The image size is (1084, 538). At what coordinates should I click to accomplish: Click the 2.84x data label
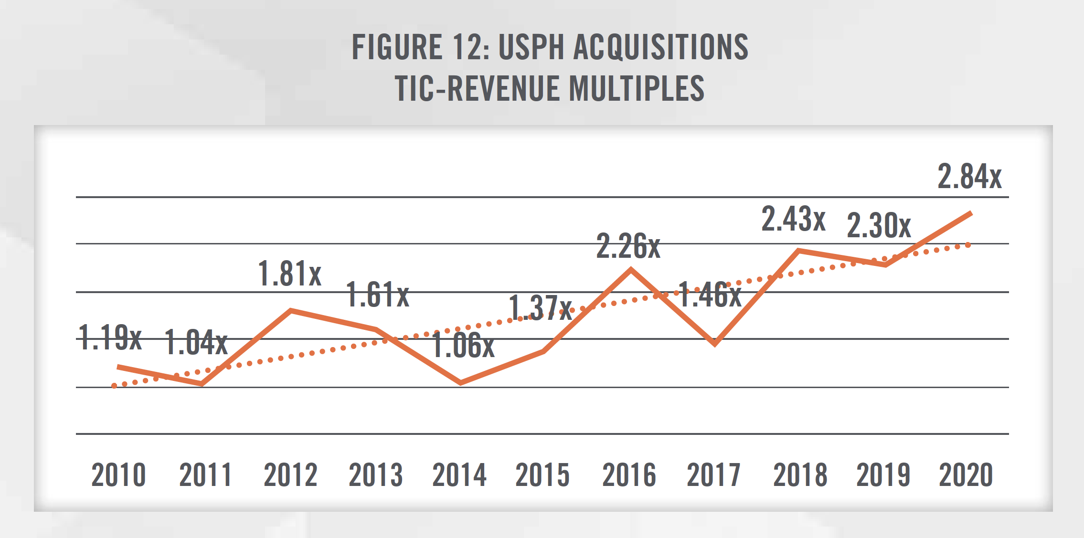click(x=969, y=177)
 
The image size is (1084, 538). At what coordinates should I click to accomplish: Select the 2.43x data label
click(x=793, y=219)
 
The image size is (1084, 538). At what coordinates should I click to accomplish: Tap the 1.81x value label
click(x=290, y=274)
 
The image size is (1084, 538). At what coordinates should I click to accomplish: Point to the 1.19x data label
click(x=110, y=338)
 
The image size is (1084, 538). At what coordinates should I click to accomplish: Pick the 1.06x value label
click(x=463, y=345)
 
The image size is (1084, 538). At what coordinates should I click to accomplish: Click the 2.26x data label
click(x=628, y=246)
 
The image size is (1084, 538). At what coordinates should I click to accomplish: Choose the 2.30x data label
click(x=879, y=225)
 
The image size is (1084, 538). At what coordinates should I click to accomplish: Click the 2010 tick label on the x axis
click(x=118, y=475)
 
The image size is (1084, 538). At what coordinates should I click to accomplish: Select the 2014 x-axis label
click(x=459, y=475)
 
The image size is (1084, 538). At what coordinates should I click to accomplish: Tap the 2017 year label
click(x=713, y=475)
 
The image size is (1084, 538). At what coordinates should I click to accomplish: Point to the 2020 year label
click(x=966, y=475)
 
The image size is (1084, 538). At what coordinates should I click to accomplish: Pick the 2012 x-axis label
click(x=290, y=475)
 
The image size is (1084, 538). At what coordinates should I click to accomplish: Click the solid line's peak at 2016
click(x=631, y=270)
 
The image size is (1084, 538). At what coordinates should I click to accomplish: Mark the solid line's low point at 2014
click(x=460, y=383)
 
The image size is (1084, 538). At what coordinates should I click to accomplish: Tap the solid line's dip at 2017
click(x=715, y=344)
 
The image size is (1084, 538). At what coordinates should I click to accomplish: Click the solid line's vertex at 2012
click(x=291, y=311)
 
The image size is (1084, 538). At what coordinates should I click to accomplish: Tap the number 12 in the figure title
click(x=471, y=47)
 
